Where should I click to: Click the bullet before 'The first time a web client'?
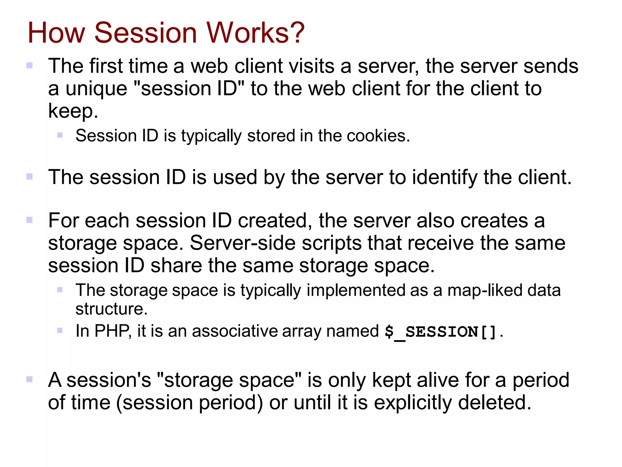point(29,65)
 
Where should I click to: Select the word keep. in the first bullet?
point(73,111)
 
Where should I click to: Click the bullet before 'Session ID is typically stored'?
point(60,135)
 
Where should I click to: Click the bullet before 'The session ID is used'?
point(29,177)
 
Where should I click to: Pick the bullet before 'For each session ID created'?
point(29,220)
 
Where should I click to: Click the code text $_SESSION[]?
point(441,332)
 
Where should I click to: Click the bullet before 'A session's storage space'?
point(29,379)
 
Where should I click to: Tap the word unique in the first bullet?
point(96,89)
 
